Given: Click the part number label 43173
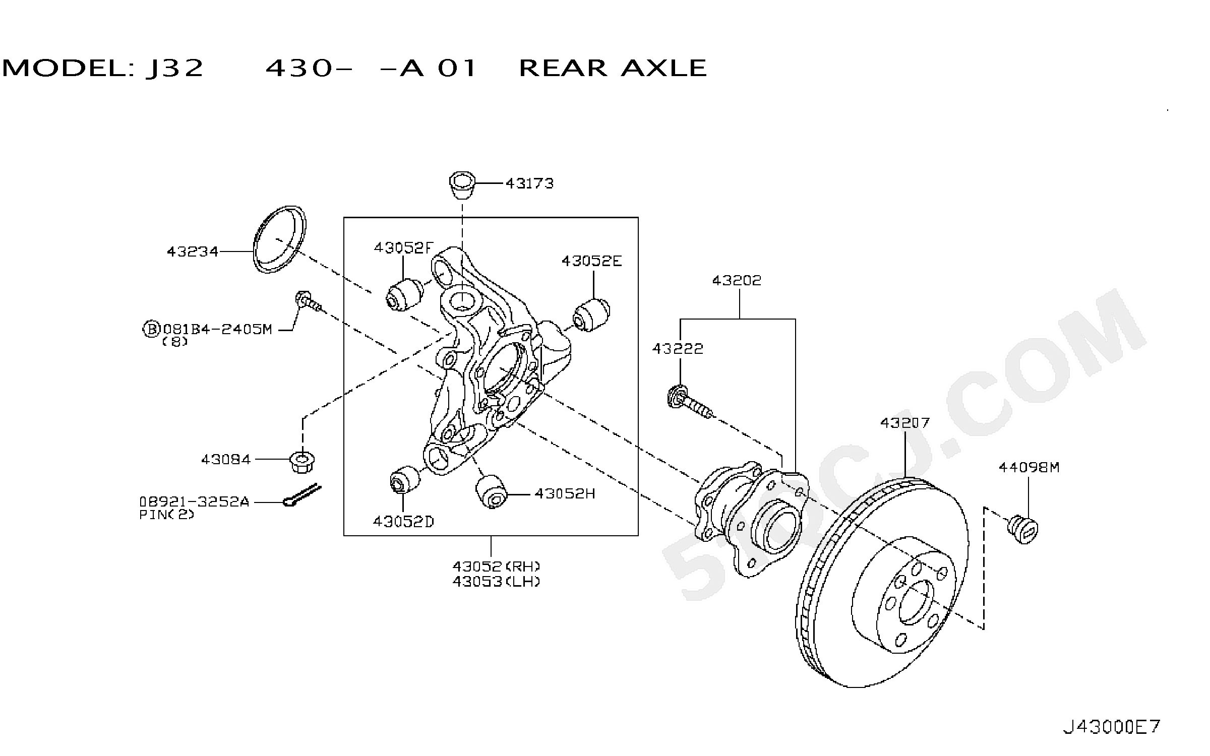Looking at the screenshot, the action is point(529,183).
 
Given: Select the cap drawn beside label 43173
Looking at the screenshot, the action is point(462,186).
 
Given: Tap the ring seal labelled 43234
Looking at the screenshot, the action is point(280,239).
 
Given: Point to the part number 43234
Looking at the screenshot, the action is point(193,251).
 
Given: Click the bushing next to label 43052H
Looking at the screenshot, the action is point(492,492).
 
